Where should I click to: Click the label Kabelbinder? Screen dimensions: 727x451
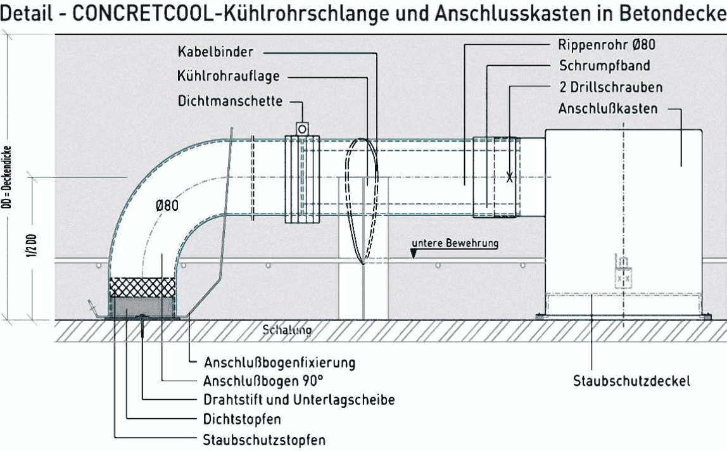pos(215,51)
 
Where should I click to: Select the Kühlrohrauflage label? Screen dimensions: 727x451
pos(229,76)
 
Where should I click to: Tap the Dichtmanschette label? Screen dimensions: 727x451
pos(230,101)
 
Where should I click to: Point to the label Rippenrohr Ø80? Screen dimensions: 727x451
pos(607,44)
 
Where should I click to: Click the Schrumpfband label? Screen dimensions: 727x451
pos(605,65)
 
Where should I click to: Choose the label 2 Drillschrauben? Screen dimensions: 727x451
pos(610,87)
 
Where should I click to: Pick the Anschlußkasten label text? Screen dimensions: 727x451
pos(608,108)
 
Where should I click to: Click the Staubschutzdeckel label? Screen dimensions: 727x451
pos(631,381)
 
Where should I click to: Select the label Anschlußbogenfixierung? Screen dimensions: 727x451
pos(279,362)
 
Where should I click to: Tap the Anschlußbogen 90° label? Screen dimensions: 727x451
pos(263,381)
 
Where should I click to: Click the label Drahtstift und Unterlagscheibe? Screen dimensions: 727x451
pos(299,400)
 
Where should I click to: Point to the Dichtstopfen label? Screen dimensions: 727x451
pos(242,419)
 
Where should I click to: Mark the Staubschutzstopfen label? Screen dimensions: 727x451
pos(264,440)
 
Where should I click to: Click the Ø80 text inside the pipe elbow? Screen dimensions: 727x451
pos(167,205)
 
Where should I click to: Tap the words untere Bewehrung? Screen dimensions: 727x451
pos(455,243)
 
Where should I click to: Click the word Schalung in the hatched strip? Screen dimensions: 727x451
pos(287,330)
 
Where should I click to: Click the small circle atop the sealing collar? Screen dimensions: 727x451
pos(302,129)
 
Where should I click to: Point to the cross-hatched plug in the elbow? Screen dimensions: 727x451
pos(142,287)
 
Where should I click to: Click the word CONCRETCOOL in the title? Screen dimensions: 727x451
pos(142,14)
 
